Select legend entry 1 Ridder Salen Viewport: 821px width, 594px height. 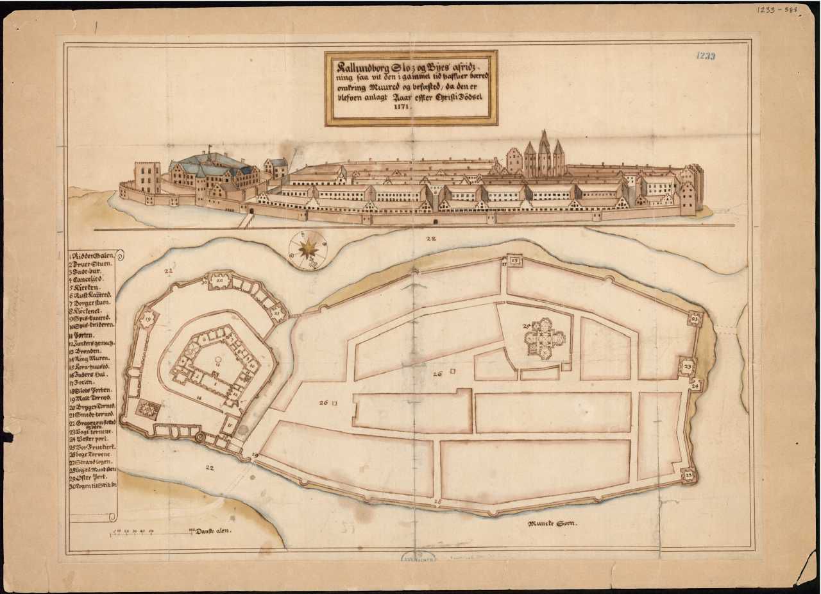tap(94, 255)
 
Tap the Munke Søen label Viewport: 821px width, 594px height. tap(552, 524)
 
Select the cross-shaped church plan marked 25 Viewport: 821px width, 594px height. tap(545, 338)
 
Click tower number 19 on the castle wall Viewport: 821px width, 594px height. tap(148, 319)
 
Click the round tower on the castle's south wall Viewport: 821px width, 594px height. tap(199, 437)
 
